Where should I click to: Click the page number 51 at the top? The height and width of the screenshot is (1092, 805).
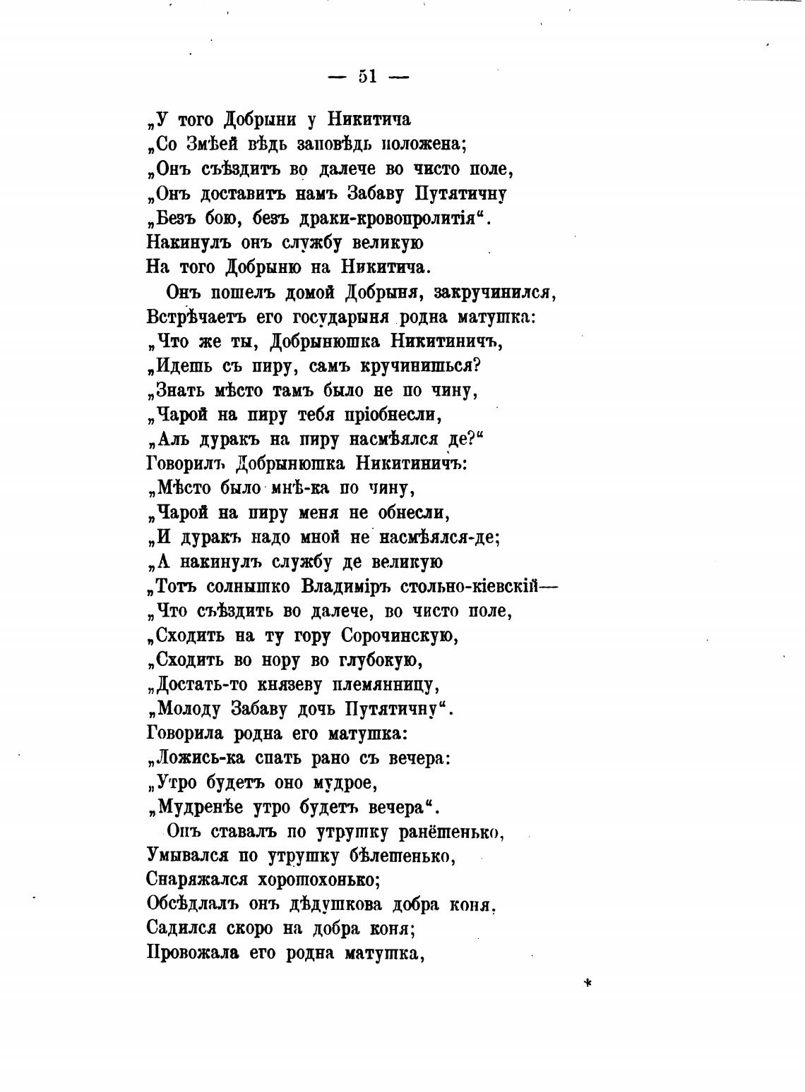(x=368, y=77)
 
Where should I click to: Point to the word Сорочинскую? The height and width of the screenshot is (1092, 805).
(x=400, y=636)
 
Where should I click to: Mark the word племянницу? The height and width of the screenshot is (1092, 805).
(x=382, y=685)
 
